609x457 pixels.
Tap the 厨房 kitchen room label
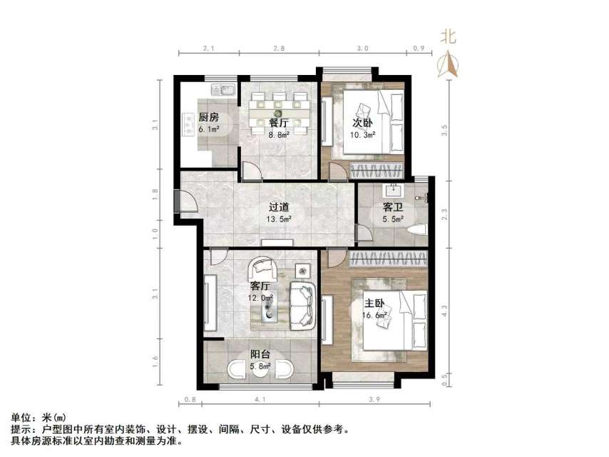click(x=208, y=118)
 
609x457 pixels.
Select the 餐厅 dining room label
click(x=259, y=122)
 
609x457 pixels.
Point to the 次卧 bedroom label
click(x=362, y=122)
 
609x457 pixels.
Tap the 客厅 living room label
click(x=260, y=286)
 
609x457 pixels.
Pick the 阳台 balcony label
click(x=259, y=355)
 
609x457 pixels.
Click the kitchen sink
click(x=224, y=91)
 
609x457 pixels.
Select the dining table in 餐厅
click(x=280, y=111)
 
